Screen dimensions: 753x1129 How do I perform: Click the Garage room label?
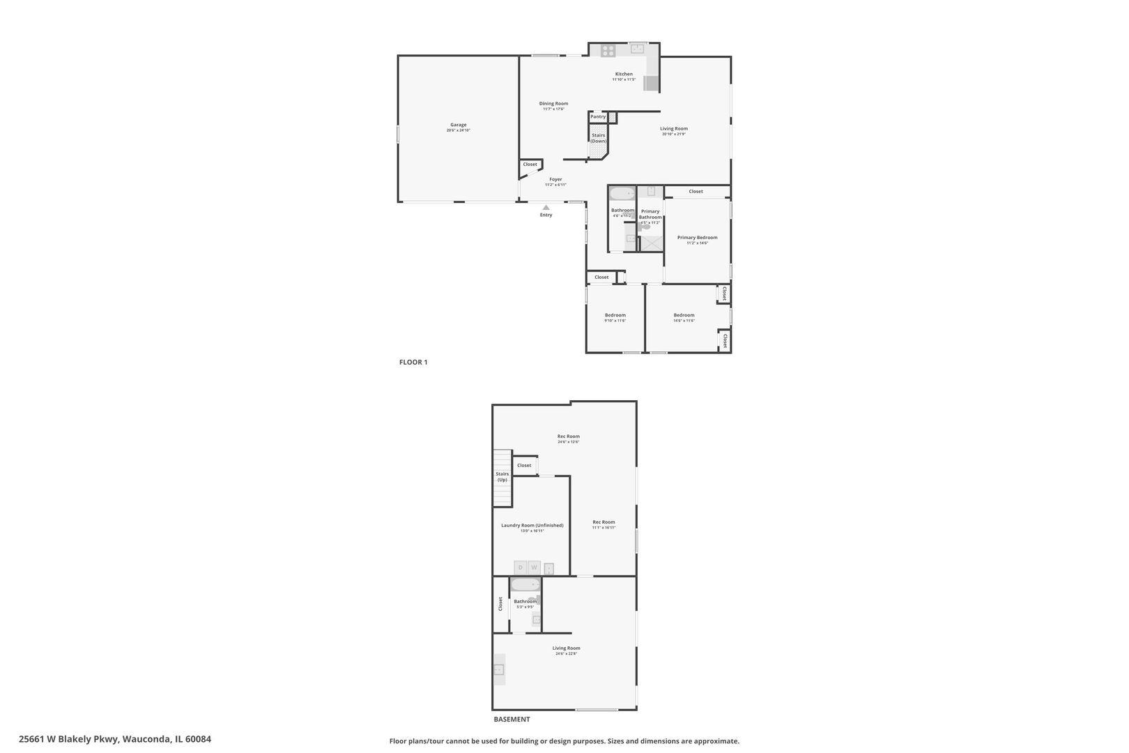click(x=458, y=125)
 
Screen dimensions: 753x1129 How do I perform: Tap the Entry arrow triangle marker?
click(x=546, y=207)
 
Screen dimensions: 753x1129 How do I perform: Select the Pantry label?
click(x=598, y=116)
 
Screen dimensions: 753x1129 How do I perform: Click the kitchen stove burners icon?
click(x=608, y=50)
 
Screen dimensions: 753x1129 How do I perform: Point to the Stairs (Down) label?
click(x=599, y=138)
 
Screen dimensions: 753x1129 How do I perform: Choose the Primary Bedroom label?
click(x=697, y=238)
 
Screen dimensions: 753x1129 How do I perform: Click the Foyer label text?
click(x=555, y=179)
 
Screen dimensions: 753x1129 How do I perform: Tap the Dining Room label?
click(x=553, y=104)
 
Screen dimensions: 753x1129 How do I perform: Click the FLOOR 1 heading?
click(x=413, y=362)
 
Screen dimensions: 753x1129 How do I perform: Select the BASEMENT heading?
click(x=512, y=719)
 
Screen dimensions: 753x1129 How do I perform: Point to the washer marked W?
click(x=534, y=568)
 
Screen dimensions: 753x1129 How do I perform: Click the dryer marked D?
click(x=520, y=568)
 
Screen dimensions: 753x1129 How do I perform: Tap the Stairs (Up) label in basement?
click(x=502, y=477)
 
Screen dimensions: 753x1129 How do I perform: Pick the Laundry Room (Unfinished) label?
click(x=532, y=525)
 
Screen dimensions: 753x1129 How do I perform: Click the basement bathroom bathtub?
click(x=525, y=586)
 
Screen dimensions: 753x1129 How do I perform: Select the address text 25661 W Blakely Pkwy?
click(x=115, y=739)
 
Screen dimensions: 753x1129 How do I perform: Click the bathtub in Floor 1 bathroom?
click(x=622, y=193)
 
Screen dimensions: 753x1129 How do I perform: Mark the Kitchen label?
click(x=624, y=74)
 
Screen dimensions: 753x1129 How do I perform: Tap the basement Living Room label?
click(x=566, y=648)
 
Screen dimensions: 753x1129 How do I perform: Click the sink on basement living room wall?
click(x=499, y=669)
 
